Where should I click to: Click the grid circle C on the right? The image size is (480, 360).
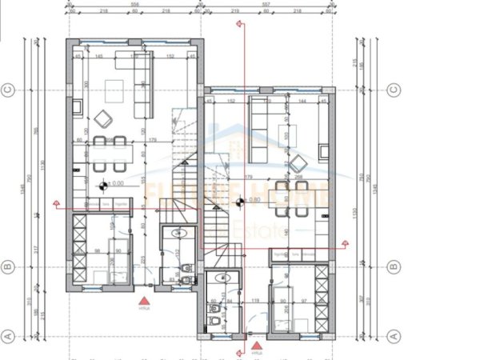393,90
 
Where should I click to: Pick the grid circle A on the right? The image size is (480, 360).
393,336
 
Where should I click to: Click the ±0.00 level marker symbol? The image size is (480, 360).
102,186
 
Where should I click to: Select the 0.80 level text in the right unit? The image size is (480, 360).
254,200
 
